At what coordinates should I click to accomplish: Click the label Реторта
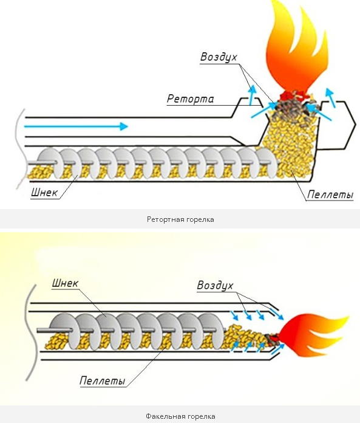190,98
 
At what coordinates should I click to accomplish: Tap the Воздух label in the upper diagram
219,57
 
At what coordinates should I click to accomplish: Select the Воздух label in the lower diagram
215,286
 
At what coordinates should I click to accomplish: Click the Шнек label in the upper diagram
44,192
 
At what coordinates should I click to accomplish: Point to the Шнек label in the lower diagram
65,283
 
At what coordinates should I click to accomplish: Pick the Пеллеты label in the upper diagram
330,194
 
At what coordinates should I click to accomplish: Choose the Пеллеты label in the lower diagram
103,380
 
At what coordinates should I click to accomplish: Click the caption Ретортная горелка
180,219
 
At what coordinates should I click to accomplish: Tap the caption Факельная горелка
180,416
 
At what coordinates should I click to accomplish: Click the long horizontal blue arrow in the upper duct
76,126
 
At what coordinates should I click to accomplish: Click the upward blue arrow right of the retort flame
330,97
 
